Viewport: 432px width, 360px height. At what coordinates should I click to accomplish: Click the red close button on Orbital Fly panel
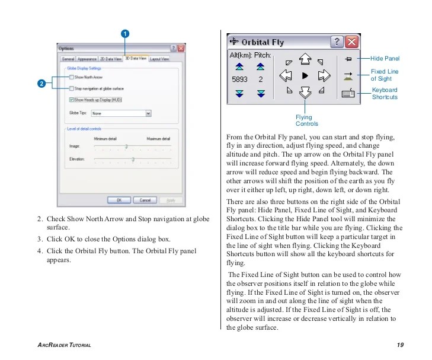(352, 42)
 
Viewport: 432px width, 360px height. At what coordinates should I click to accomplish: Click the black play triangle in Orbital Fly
(305, 75)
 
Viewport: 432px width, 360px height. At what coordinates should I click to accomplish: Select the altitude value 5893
(239, 79)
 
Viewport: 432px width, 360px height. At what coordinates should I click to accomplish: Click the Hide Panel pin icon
(348, 59)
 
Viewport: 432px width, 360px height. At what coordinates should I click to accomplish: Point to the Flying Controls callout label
(306, 120)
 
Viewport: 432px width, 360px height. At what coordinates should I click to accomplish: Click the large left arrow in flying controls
(286, 75)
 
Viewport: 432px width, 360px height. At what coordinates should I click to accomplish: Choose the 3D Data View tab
(136, 59)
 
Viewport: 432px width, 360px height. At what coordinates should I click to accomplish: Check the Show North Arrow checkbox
(72, 77)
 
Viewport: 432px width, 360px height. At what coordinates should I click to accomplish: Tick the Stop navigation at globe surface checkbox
(72, 88)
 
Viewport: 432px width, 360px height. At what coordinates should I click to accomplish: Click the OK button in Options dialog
(119, 200)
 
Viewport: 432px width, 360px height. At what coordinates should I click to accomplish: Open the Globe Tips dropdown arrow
(148, 113)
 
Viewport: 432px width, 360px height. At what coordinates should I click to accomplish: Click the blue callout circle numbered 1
(126, 33)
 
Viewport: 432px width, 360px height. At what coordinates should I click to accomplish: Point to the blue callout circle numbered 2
(41, 84)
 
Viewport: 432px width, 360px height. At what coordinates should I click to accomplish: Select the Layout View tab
(159, 59)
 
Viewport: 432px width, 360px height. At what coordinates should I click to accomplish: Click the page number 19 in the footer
(400, 345)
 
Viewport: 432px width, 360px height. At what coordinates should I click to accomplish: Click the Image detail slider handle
(126, 145)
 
